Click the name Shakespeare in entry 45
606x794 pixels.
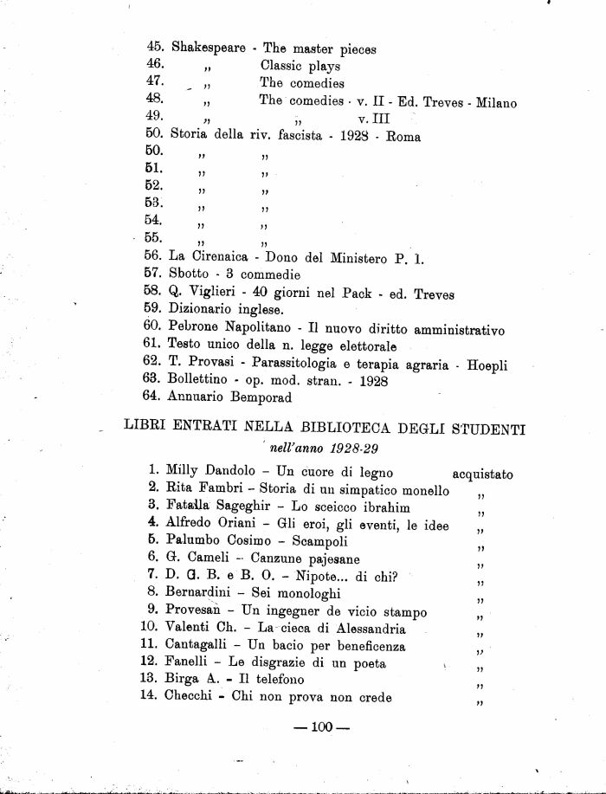click(x=208, y=48)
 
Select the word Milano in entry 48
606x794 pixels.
click(x=496, y=103)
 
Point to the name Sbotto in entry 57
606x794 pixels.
click(x=190, y=274)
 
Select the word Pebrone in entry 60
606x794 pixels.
click(x=194, y=329)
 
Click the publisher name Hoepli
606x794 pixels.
click(x=487, y=366)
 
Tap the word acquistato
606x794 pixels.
click(x=482, y=474)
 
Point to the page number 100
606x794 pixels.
click(x=321, y=728)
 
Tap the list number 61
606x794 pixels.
click(x=152, y=346)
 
